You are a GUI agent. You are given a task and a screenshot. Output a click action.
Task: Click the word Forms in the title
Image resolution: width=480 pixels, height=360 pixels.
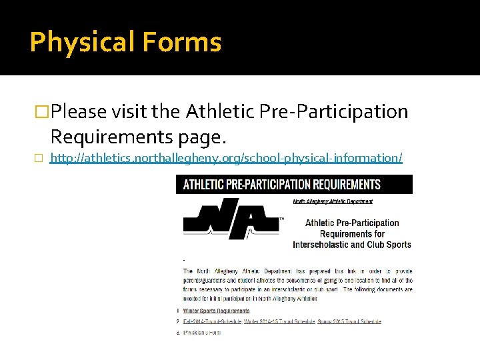point(180,42)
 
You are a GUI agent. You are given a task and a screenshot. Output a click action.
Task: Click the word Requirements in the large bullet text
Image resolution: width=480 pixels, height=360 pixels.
point(115,137)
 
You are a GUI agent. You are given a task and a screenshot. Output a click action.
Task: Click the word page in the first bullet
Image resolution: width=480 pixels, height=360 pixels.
point(203,137)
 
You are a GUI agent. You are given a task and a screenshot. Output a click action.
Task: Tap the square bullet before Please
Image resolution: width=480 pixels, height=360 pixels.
point(43,111)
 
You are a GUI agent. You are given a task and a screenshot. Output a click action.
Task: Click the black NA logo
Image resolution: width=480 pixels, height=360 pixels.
point(231,218)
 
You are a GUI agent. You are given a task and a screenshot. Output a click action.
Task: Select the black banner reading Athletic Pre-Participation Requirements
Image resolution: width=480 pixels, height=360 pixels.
point(294,185)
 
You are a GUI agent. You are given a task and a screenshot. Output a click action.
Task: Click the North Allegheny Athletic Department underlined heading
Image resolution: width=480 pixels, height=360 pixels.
point(333,201)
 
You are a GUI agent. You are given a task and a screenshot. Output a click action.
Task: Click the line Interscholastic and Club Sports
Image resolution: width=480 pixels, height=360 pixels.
point(352,245)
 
